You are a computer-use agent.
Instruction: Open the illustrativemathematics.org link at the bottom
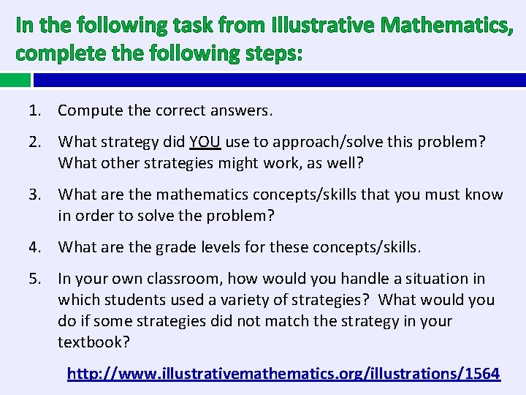283,374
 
